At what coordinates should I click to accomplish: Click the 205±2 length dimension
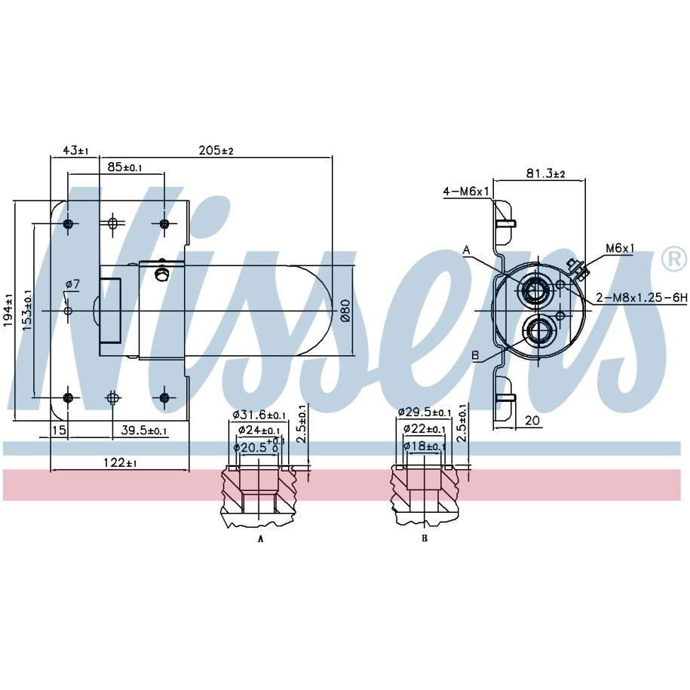pos(216,151)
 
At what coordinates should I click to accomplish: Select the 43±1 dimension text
pos(75,151)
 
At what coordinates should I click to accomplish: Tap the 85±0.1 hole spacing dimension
pos(125,167)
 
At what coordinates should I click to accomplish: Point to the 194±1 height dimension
pos(9,311)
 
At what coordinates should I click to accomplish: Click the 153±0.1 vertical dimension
pos(27,310)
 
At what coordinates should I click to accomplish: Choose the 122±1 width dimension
pos(120,462)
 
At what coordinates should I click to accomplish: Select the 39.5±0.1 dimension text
pos(144,430)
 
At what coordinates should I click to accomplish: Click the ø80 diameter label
pos(345,311)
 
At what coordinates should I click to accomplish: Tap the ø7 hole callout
pos(72,285)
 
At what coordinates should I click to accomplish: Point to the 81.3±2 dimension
pos(546,173)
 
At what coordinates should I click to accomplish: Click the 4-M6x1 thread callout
pos(466,192)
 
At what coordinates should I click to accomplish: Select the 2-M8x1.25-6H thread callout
pos(642,298)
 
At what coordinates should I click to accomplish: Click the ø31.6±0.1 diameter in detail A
pos(259,415)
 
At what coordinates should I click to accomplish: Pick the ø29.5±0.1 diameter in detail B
pos(425,412)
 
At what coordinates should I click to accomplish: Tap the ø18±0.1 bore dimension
pos(425,446)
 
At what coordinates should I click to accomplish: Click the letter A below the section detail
pos(260,538)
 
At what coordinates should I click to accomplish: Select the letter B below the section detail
pos(425,538)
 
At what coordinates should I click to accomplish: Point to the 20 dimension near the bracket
pos(532,420)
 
